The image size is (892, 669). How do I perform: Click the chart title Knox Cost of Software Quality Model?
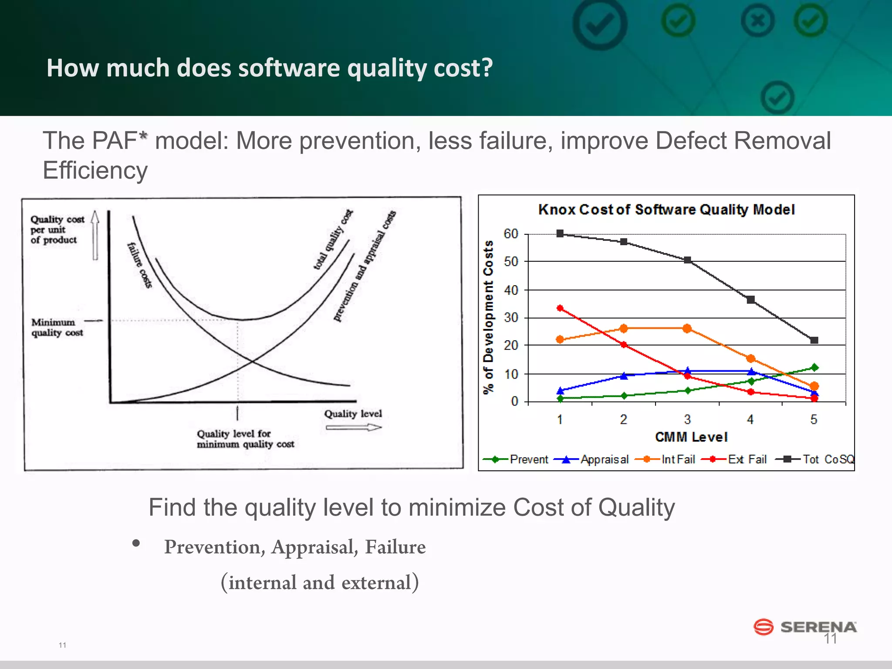tap(666, 209)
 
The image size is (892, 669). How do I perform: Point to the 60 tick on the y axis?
tap(511, 234)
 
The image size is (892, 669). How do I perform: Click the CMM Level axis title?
tap(691, 437)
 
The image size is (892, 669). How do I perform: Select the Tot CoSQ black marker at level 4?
tap(750, 300)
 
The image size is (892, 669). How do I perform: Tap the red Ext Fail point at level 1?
tap(560, 308)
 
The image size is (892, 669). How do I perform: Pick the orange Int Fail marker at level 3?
tap(687, 328)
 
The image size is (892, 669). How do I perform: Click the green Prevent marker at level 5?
tap(814, 368)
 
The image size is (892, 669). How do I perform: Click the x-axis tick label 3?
tap(687, 419)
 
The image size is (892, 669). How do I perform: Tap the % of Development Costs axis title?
tap(489, 317)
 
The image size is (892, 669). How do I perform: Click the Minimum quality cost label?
tap(57, 328)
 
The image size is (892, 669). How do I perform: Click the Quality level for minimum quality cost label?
tap(245, 439)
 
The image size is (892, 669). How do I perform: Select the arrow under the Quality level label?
tap(353, 428)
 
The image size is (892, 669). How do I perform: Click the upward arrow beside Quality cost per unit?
tap(95, 235)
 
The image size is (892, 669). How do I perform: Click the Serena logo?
tap(805, 627)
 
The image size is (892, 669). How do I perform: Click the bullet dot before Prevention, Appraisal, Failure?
tap(136, 543)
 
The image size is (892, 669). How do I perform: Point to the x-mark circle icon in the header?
tap(757, 21)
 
